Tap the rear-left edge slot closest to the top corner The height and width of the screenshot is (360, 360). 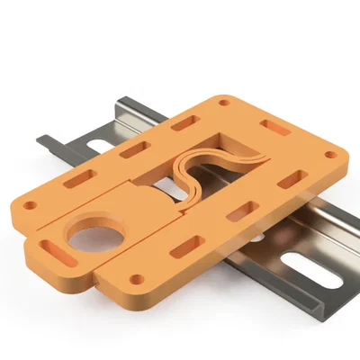185,120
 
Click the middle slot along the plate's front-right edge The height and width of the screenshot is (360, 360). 239,212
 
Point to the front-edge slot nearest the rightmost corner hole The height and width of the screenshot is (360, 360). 290,181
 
